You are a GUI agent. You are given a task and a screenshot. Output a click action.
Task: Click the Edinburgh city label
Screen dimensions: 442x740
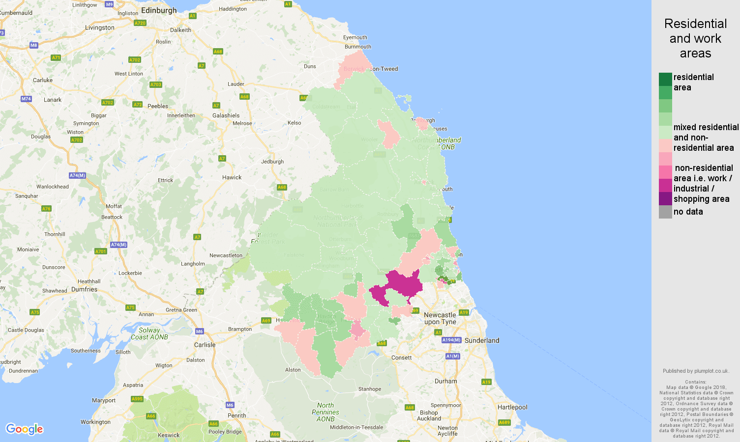coord(158,10)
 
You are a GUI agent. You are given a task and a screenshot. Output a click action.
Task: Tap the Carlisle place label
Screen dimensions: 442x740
coord(205,345)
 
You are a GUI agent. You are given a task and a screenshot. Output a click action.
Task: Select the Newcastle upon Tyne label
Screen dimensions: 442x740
coord(440,318)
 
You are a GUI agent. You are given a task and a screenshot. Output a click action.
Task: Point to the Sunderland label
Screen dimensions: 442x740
coord(481,340)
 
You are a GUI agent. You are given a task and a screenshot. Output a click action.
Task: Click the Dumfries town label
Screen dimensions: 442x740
coord(84,289)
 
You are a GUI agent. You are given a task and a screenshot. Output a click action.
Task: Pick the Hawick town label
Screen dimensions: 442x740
coord(232,177)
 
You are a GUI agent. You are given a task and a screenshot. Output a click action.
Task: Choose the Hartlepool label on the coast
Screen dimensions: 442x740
coord(512,407)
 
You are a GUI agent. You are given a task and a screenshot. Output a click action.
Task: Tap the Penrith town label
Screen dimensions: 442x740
coord(237,415)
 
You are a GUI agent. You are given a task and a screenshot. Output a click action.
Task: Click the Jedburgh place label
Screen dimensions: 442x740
coord(272,162)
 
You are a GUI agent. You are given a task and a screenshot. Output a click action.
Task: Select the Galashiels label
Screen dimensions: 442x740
coord(226,115)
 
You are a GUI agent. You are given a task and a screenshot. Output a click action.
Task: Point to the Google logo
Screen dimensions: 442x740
coord(25,429)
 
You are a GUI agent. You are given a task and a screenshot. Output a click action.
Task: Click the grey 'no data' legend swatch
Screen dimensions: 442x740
coord(665,212)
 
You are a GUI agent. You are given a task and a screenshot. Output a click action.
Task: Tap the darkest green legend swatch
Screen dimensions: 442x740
coord(665,79)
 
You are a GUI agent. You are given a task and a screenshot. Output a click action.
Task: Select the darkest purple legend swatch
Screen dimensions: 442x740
coord(665,198)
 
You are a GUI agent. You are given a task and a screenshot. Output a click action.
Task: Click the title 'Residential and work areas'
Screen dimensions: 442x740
coord(695,38)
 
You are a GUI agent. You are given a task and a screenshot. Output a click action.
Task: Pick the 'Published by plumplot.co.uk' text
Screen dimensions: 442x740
coord(695,371)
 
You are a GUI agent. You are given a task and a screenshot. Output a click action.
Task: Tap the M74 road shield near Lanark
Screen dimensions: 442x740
coord(26,99)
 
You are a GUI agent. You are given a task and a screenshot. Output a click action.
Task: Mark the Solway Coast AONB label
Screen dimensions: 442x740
coord(149,333)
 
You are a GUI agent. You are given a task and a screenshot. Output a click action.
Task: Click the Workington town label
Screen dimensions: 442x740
coord(95,422)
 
